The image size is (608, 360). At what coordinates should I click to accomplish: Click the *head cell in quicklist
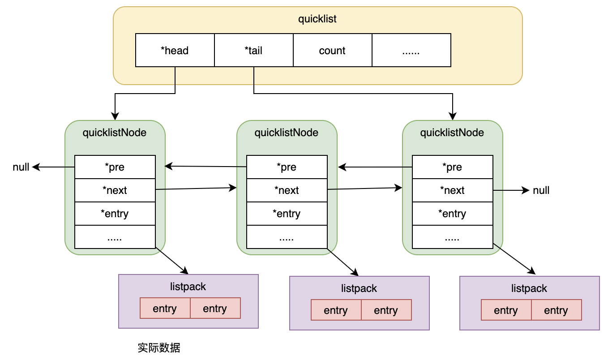click(175, 51)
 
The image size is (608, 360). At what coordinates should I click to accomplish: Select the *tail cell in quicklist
click(253, 51)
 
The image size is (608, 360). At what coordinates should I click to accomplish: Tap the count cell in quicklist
click(332, 51)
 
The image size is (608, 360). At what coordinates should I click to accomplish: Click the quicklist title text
click(317, 19)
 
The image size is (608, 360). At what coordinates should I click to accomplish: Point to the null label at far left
click(21, 167)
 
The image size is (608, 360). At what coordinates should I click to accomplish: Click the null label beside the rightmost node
click(541, 190)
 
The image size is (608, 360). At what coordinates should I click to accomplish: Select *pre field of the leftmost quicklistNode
click(115, 167)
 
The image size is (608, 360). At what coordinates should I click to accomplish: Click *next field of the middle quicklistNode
click(287, 190)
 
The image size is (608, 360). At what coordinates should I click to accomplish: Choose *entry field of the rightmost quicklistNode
click(452, 214)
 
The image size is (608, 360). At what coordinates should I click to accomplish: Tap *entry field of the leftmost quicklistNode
click(115, 214)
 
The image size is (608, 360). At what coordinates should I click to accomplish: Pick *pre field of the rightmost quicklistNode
click(452, 167)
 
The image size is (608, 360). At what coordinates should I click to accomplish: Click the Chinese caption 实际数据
click(159, 348)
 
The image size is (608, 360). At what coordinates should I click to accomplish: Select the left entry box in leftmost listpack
click(165, 309)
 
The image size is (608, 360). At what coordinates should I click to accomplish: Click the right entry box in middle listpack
click(386, 310)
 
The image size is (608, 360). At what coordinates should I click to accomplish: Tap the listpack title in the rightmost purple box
click(529, 288)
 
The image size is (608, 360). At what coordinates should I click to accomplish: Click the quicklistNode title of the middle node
click(287, 133)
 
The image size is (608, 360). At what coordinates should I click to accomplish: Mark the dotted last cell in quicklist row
click(411, 51)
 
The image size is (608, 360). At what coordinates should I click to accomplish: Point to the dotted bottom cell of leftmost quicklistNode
click(115, 237)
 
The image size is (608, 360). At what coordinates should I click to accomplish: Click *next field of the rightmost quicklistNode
click(452, 190)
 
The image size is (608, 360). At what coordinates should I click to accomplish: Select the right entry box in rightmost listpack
click(556, 310)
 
